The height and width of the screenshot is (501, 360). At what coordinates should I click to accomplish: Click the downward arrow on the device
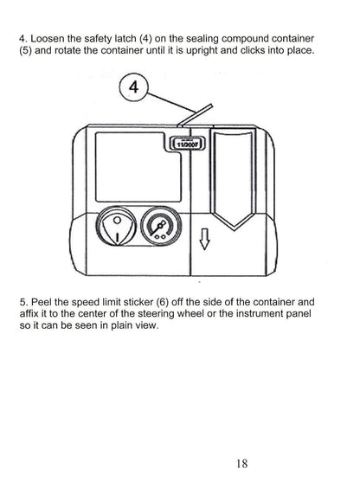click(204, 238)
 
